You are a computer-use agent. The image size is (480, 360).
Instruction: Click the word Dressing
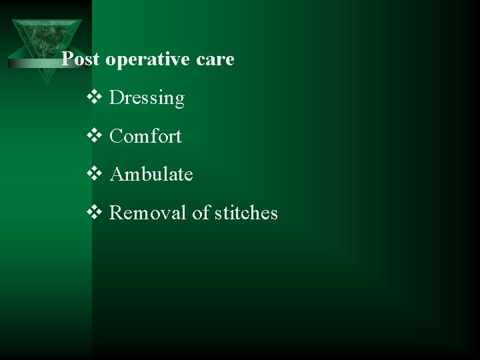pos(147,99)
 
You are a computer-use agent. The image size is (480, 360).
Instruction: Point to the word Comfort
pos(145,137)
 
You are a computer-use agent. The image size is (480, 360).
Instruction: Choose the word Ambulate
pos(151,175)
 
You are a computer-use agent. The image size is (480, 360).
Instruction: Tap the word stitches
pos(246,213)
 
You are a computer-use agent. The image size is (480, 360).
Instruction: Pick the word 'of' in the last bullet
pos(201,213)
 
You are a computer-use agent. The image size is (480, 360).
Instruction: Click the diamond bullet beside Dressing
pos(94,98)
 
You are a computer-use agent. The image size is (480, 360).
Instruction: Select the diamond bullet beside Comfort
pos(94,137)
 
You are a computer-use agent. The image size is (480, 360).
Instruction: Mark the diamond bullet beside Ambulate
pos(94,175)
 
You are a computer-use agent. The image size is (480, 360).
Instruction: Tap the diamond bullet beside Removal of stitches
pos(94,213)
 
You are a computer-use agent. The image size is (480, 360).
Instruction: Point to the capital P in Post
pos(67,60)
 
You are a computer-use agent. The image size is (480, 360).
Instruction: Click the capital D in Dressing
pos(115,99)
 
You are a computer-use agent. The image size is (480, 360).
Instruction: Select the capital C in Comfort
pos(115,137)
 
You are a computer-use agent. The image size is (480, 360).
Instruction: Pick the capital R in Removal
pos(115,213)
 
